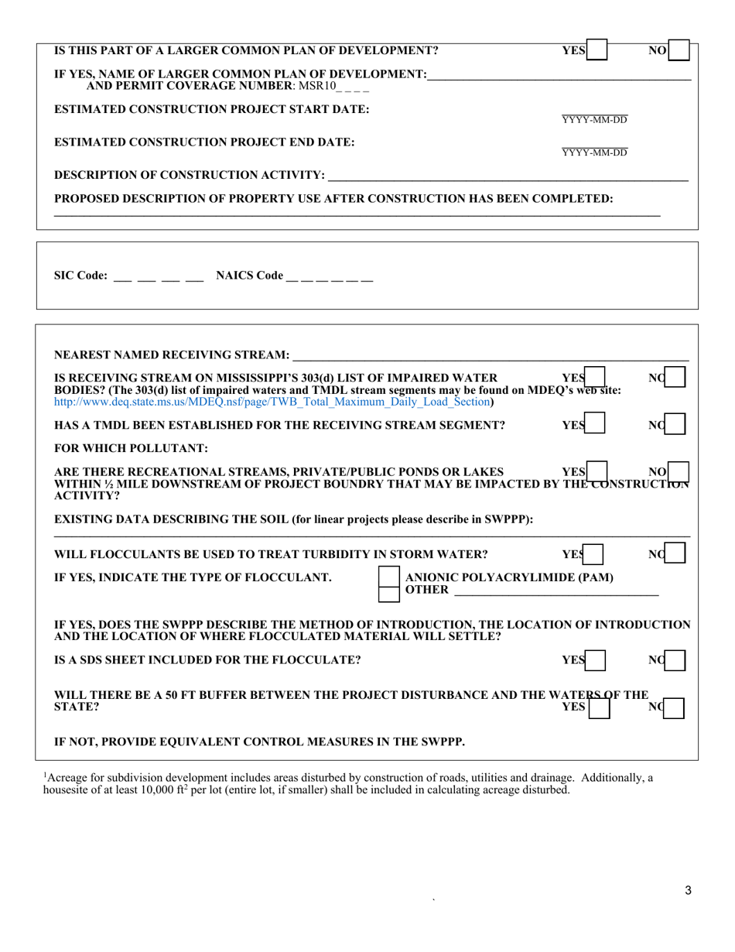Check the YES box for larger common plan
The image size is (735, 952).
click(597, 51)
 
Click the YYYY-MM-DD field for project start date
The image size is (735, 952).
click(594, 120)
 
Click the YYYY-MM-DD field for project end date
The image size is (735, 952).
click(594, 152)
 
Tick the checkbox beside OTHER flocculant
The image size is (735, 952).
click(388, 594)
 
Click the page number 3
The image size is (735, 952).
click(688, 891)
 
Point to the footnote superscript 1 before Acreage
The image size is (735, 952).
click(45, 775)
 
